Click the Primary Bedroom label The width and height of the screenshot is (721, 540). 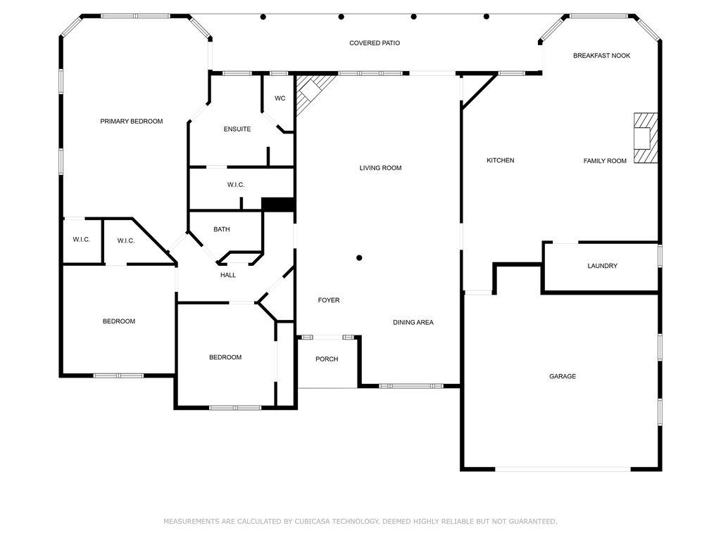point(131,122)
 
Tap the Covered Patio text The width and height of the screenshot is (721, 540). point(375,44)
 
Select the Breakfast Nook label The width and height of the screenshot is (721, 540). point(601,56)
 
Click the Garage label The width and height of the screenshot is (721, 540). point(563,377)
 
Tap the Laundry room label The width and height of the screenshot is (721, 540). point(602,266)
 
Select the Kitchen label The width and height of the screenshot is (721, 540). point(501,161)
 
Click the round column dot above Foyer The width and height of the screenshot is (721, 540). point(359,258)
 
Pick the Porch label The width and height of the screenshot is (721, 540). point(327,359)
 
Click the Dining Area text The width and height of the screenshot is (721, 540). point(413,323)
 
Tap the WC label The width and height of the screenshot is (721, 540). point(280,98)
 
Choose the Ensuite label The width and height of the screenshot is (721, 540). point(237,129)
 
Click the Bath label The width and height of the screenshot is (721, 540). point(222,229)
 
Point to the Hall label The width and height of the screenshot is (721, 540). point(228,275)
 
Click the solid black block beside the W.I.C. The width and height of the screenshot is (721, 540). point(278,204)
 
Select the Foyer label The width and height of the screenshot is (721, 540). point(329,300)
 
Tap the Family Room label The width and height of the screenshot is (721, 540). point(605,161)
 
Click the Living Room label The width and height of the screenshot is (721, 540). point(380,168)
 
